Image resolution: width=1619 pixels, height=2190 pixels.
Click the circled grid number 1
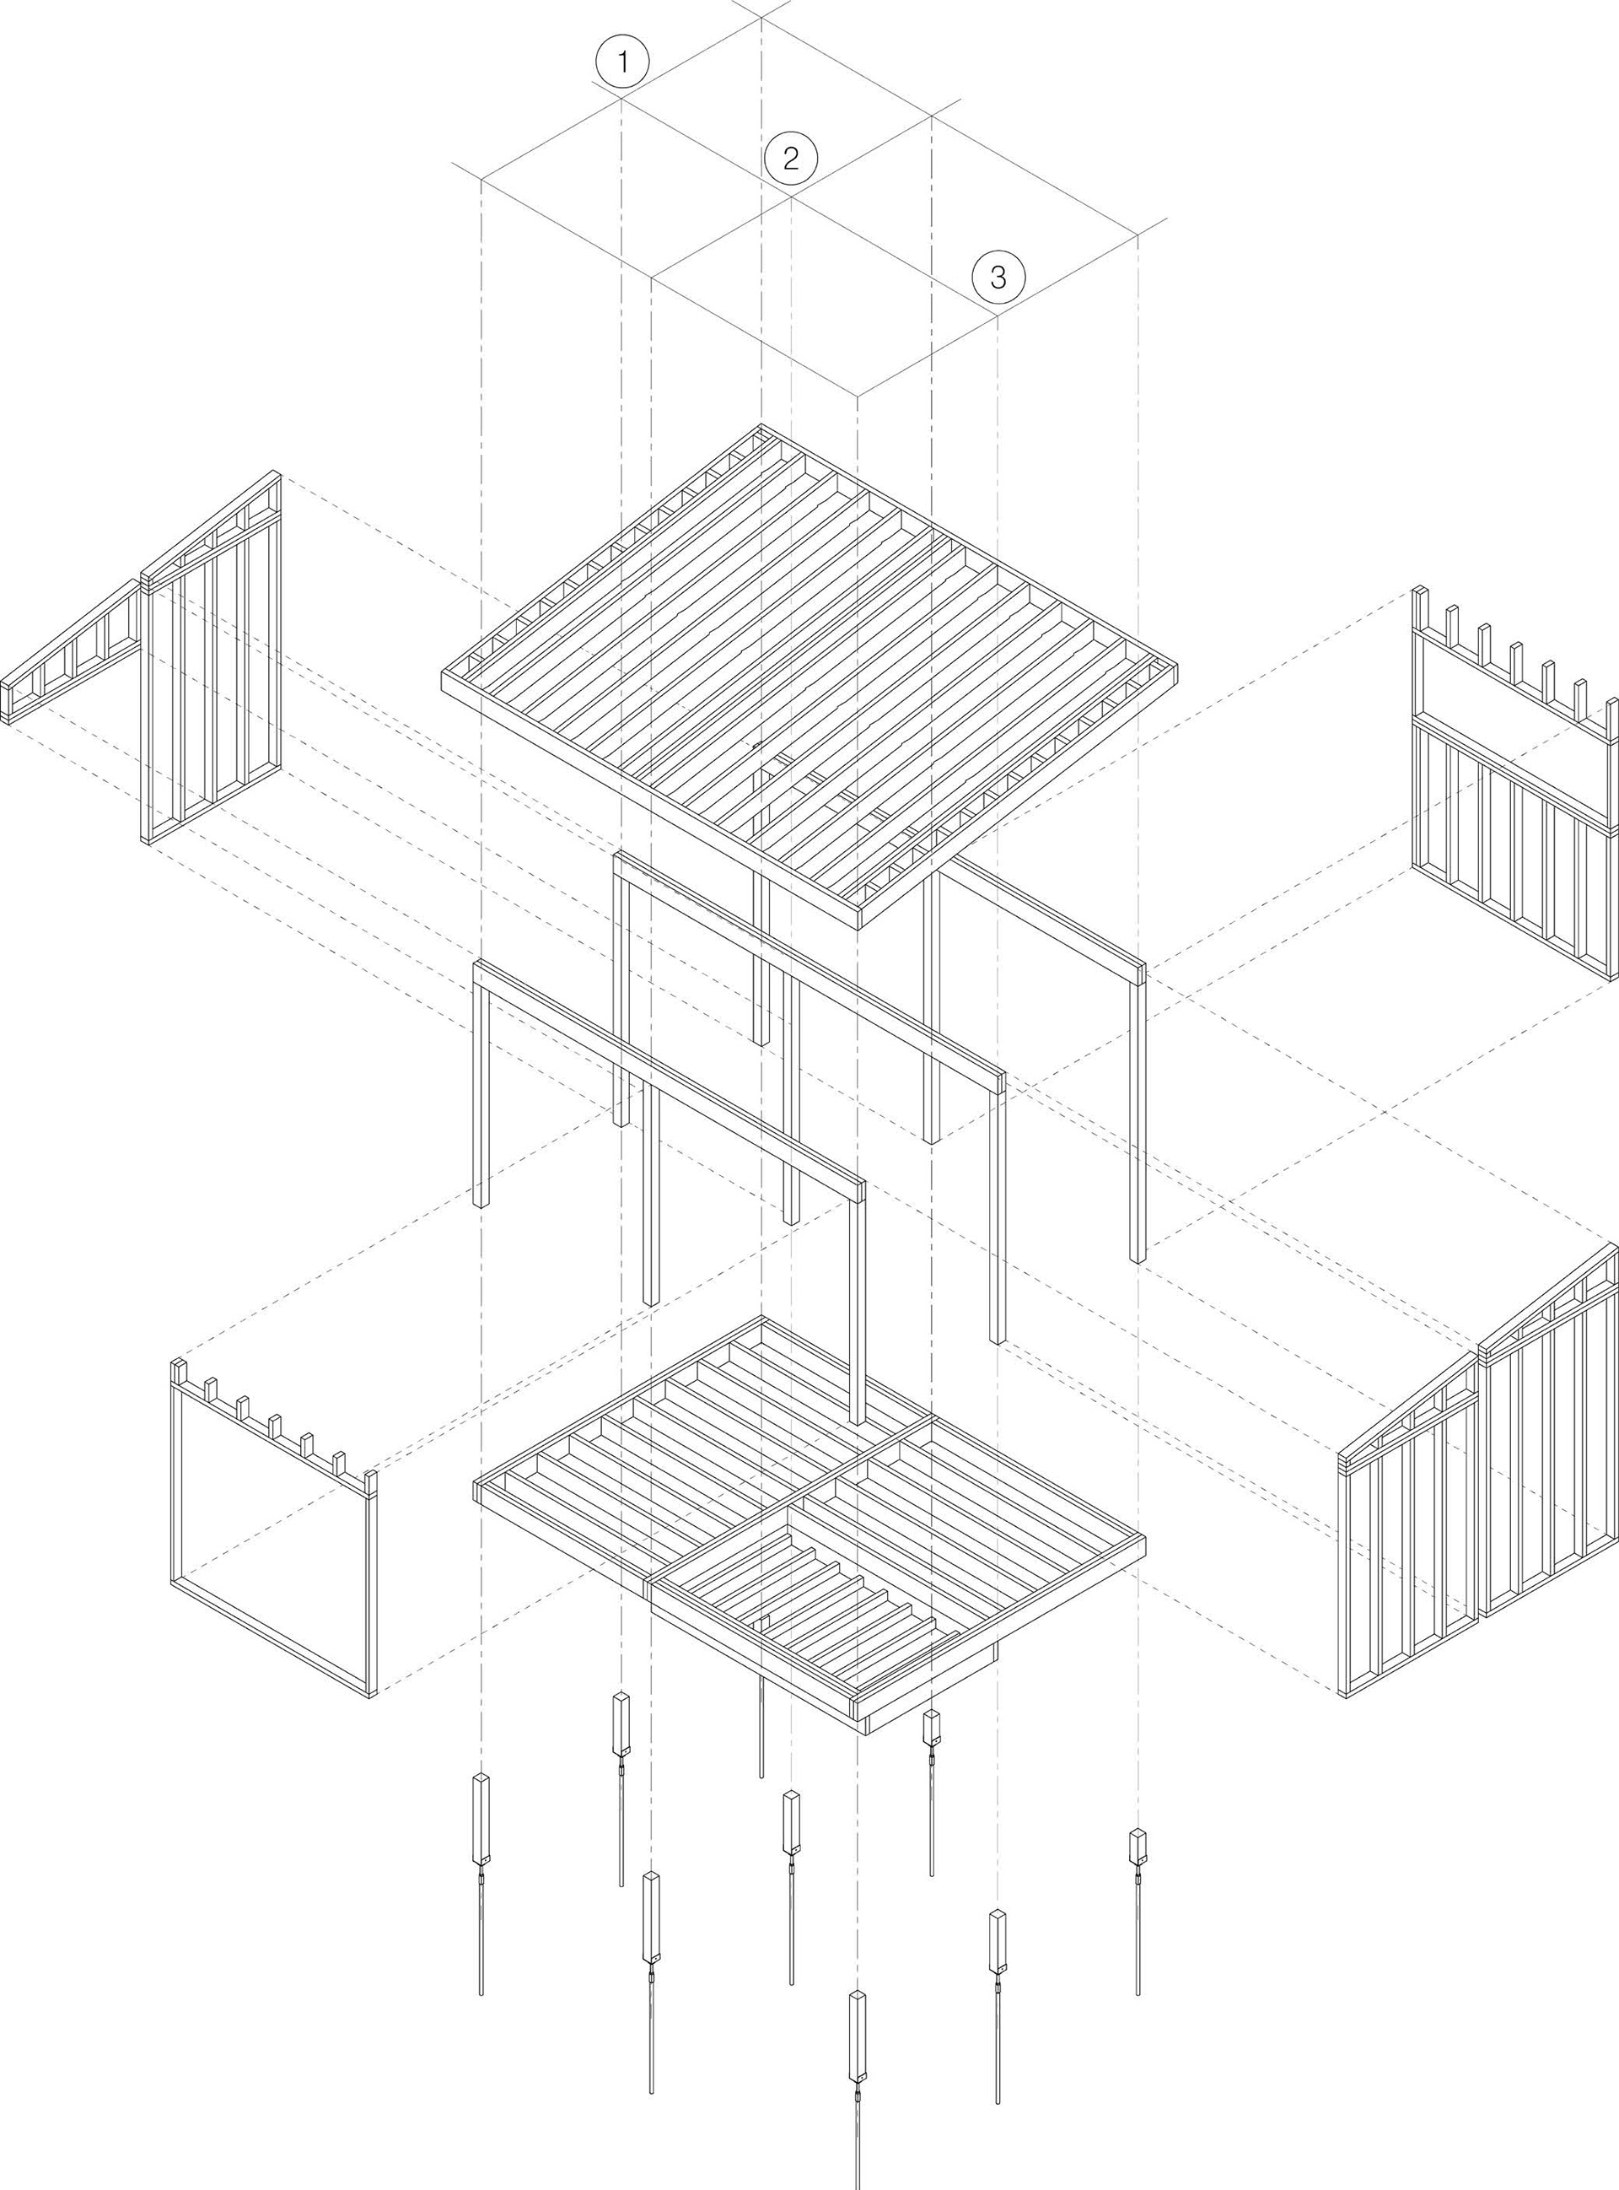[x=621, y=62]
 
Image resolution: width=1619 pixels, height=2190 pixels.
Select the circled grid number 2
[x=790, y=158]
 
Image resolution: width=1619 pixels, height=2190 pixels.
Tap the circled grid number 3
[x=998, y=277]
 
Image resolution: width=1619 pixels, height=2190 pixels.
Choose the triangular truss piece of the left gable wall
[x=73, y=652]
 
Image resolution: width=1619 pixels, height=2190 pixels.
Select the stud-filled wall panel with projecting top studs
[x=1514, y=804]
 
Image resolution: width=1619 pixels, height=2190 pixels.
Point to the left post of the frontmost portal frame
[x=480, y=1088]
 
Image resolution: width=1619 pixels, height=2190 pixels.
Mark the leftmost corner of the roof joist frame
[x=446, y=679]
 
